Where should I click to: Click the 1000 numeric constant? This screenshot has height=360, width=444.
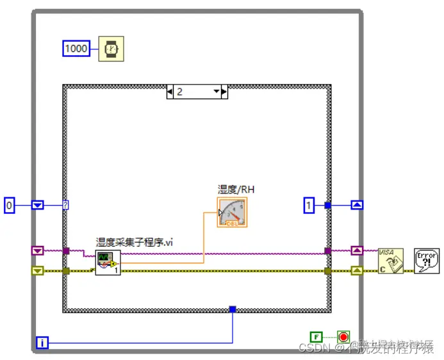click(76, 48)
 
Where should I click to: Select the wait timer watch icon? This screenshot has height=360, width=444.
click(111, 49)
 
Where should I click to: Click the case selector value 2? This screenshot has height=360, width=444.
click(180, 92)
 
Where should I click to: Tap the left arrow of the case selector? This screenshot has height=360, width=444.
click(170, 92)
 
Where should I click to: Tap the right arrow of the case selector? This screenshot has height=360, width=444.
click(224, 92)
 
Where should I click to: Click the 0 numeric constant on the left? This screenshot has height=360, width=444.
click(9, 205)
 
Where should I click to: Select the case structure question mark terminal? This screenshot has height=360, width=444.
click(66, 205)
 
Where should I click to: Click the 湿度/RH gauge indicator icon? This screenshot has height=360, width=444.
click(232, 212)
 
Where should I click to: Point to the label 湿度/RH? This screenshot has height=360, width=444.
click(236, 189)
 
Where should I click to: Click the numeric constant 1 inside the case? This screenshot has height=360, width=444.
click(309, 205)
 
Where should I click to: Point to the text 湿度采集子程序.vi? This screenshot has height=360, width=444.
click(135, 242)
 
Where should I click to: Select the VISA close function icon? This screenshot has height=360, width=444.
click(390, 261)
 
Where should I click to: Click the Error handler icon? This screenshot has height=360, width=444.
click(426, 261)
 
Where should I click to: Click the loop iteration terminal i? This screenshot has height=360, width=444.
click(42, 343)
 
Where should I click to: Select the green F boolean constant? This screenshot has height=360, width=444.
click(316, 336)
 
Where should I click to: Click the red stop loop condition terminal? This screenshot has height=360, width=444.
click(344, 336)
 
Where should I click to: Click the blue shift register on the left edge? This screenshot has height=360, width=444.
click(37, 205)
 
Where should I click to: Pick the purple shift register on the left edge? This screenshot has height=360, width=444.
click(37, 250)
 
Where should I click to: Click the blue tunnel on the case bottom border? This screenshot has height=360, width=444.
click(233, 309)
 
